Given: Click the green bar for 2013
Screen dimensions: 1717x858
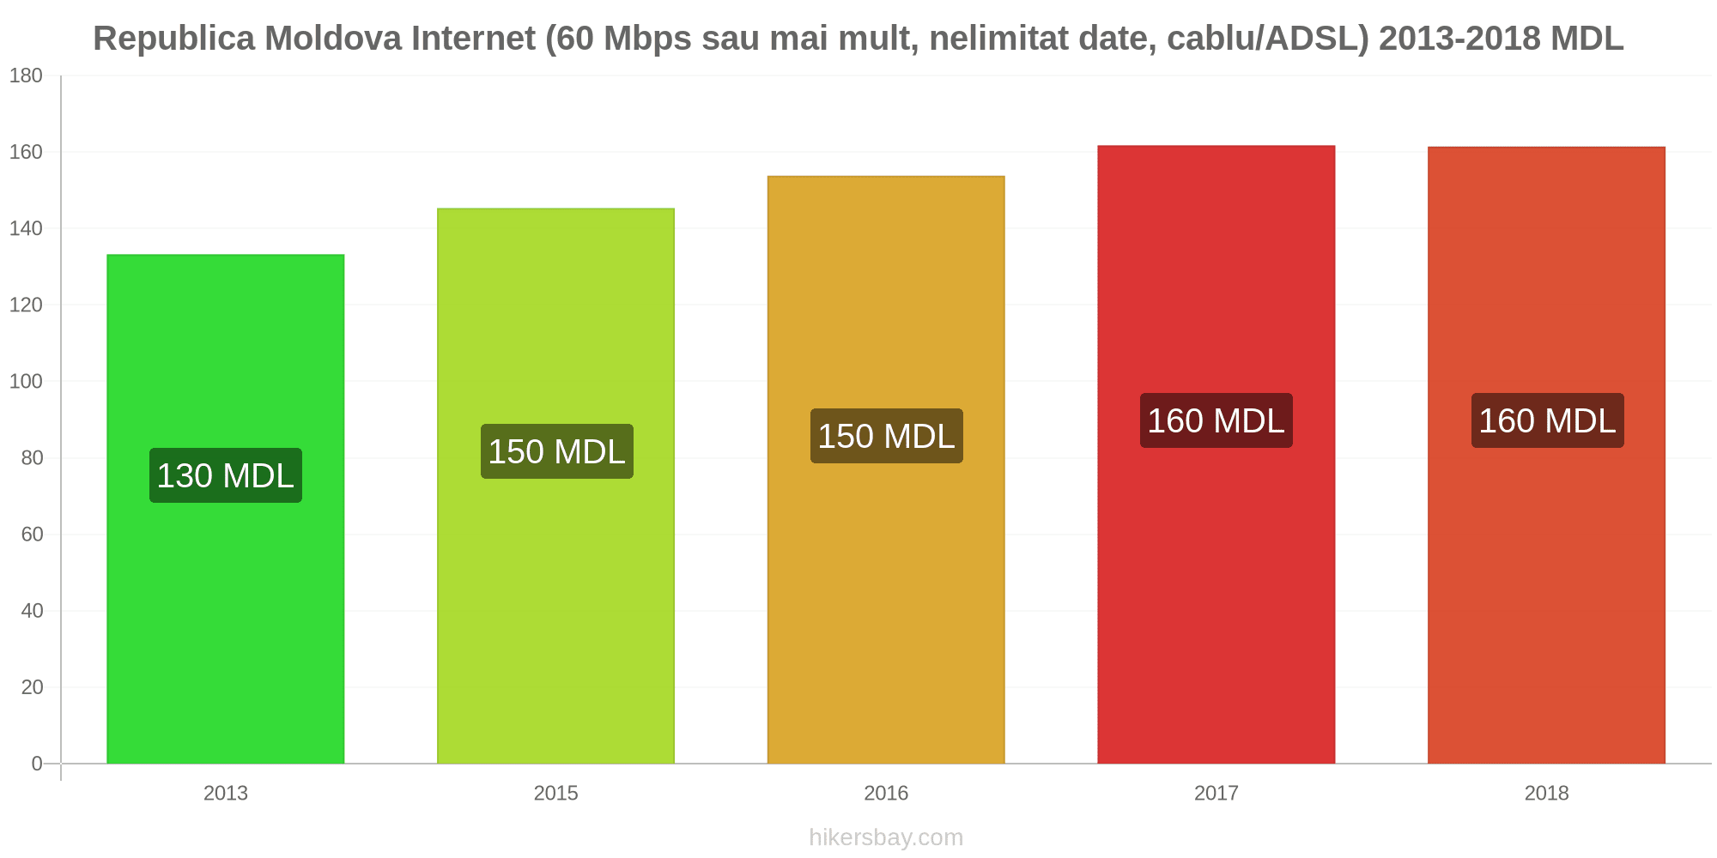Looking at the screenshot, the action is (x=226, y=509).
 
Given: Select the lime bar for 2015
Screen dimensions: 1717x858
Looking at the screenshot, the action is (x=555, y=486).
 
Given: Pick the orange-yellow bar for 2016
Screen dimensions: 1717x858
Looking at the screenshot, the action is (x=886, y=470).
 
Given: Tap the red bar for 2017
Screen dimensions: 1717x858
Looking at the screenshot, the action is (x=1216, y=455).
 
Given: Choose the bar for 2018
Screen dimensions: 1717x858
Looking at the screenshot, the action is (x=1546, y=456).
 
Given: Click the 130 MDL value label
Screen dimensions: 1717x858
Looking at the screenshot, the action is (x=226, y=475).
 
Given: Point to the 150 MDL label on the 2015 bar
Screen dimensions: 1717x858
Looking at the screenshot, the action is (x=556, y=451).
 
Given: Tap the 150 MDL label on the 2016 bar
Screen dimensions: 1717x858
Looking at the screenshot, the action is (x=886, y=436).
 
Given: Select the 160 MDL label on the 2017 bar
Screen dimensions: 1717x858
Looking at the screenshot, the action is (x=1216, y=420).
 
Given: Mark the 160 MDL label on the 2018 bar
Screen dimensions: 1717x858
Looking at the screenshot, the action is (x=1547, y=420).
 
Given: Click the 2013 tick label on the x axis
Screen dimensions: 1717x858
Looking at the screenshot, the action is (x=226, y=794).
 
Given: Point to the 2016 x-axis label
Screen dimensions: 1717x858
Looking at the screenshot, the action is (x=886, y=794).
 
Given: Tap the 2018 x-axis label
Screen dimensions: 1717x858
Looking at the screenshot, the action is (x=1546, y=794).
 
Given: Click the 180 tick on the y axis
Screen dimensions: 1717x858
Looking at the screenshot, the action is (x=26, y=76).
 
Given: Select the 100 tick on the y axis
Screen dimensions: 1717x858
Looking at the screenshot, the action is (x=26, y=382).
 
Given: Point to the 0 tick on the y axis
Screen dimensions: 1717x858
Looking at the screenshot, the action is (x=37, y=764).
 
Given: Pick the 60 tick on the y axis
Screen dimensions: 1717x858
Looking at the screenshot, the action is (x=32, y=535).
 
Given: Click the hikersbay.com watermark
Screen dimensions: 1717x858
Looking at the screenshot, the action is (x=886, y=837).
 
